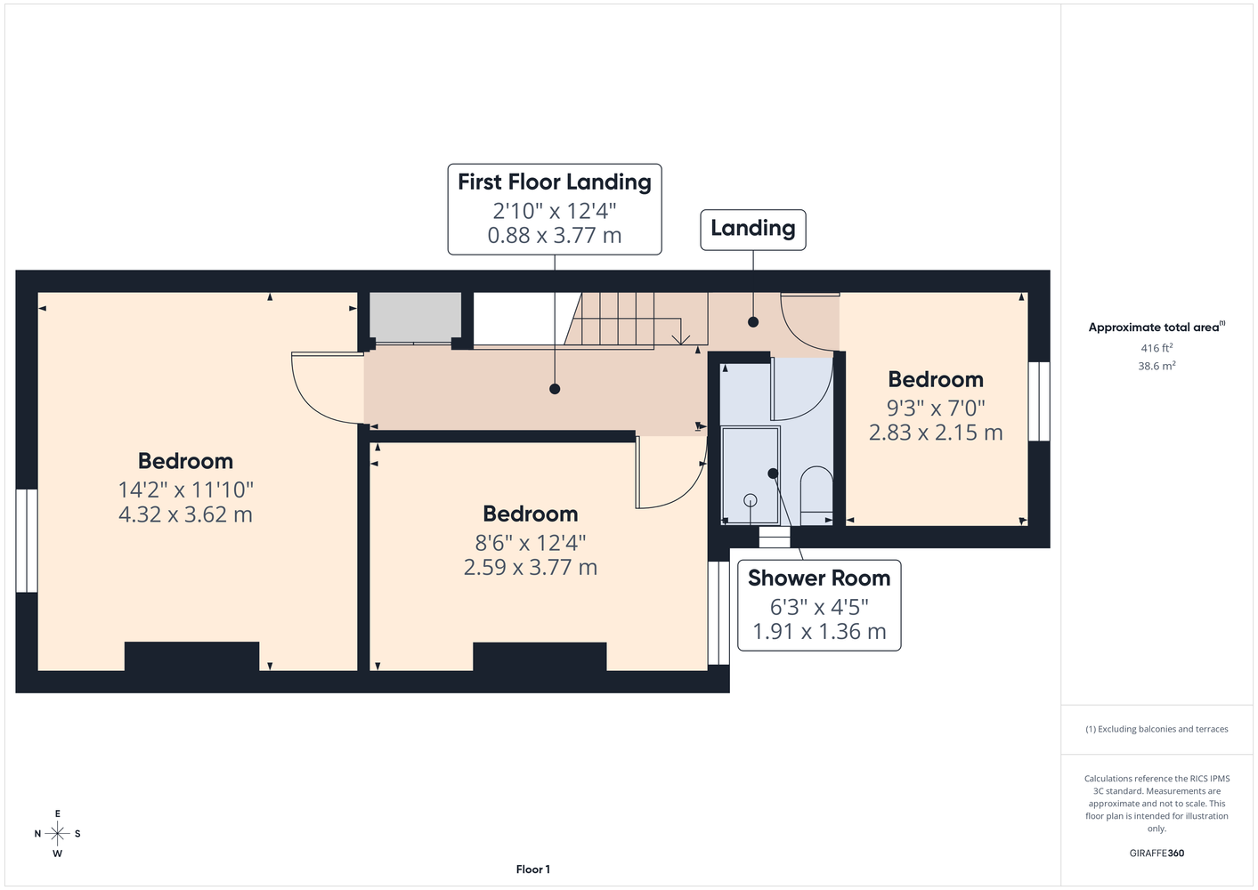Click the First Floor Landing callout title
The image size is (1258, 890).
click(x=555, y=182)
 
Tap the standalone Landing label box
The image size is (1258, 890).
click(x=752, y=230)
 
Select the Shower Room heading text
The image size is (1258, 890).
click(x=819, y=578)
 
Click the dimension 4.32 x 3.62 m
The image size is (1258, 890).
click(x=185, y=514)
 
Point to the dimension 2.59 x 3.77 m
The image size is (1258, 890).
click(x=530, y=567)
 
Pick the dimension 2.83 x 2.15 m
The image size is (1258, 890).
click(x=936, y=433)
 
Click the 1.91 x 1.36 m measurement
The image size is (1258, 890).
click(x=819, y=631)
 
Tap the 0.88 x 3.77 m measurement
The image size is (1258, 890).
click(x=555, y=235)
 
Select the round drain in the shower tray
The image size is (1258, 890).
click(x=751, y=500)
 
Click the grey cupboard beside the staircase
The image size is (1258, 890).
click(x=415, y=317)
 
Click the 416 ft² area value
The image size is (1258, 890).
click(x=1157, y=348)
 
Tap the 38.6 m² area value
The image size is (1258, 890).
click(x=1157, y=366)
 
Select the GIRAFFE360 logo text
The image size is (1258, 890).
click(x=1157, y=853)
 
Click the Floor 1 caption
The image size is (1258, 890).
click(x=533, y=870)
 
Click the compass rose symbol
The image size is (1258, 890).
click(x=57, y=833)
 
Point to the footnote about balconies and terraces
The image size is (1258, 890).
click(x=1157, y=729)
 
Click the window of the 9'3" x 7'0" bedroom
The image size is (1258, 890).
click(x=1039, y=400)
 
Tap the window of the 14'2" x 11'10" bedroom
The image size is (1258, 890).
click(x=27, y=541)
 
